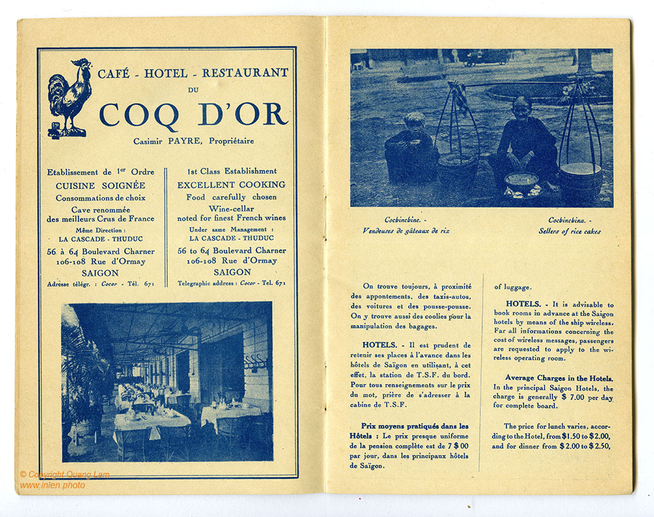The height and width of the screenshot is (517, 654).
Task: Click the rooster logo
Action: tap(70, 97)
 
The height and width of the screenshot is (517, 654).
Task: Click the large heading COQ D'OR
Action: tap(193, 114)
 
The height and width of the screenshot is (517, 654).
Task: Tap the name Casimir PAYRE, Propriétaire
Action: tap(194, 141)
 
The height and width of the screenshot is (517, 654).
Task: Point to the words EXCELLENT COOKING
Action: tap(231, 185)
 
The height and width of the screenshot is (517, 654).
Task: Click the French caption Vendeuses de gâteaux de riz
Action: tap(406, 231)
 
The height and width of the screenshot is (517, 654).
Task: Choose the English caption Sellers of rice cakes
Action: tap(569, 231)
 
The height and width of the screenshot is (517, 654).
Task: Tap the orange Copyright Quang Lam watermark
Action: tap(65, 474)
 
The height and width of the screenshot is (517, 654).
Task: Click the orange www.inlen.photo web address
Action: tap(52, 485)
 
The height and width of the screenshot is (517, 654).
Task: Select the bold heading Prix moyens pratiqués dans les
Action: tap(414, 426)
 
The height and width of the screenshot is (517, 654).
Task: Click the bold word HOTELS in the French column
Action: tap(379, 345)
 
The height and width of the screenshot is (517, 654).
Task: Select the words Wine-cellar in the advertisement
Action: tap(231, 208)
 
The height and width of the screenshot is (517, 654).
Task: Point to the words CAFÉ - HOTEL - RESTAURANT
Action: tap(193, 73)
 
